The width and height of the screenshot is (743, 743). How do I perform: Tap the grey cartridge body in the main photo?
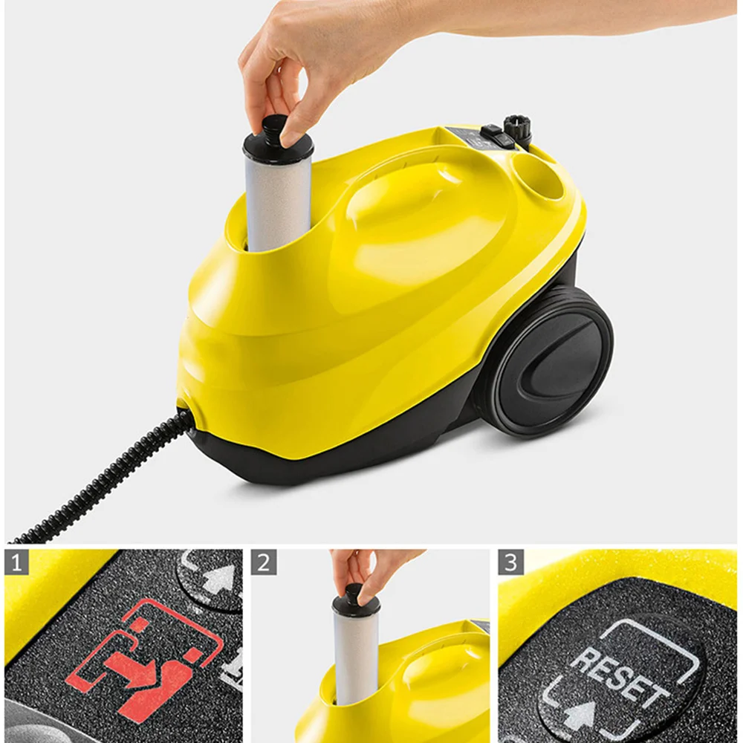click(277, 201)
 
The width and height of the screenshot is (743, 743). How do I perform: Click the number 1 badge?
click(16, 562)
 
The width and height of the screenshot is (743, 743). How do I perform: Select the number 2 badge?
click(263, 562)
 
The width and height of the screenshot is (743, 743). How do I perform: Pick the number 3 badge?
click(510, 562)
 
